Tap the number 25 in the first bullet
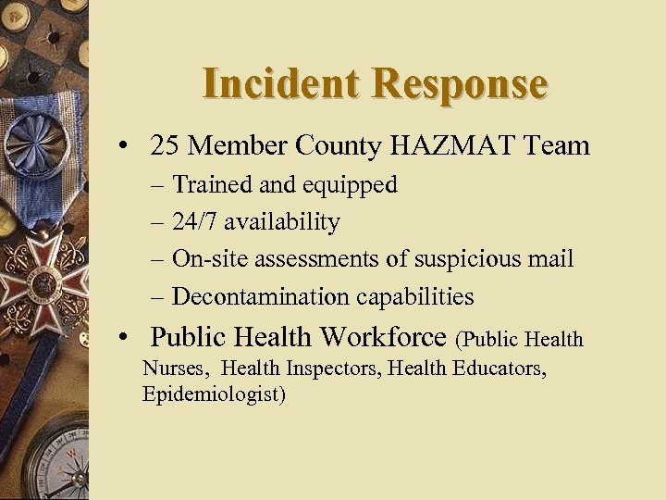click(166, 145)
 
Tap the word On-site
click(204, 259)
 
